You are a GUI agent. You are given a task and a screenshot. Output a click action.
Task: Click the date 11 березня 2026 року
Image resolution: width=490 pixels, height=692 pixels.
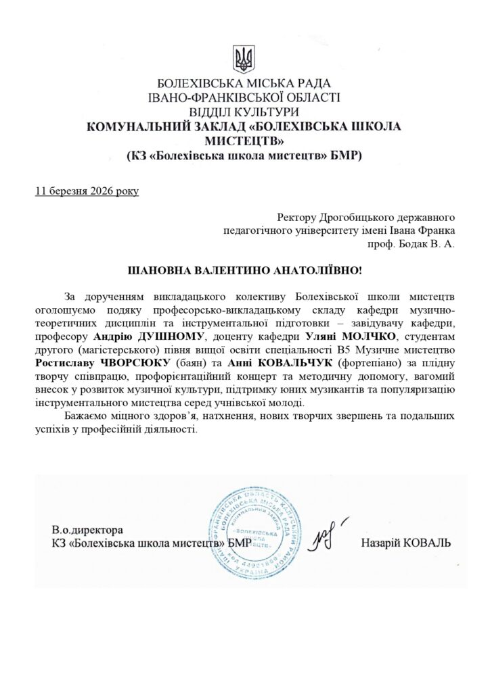[87, 191]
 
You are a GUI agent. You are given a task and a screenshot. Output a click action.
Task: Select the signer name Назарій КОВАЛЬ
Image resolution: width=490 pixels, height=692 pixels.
[405, 543]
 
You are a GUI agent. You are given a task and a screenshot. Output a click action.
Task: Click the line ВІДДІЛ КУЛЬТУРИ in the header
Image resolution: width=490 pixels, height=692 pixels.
[244, 112]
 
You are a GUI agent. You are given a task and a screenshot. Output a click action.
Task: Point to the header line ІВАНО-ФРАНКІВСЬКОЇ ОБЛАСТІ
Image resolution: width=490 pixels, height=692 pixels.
[244, 98]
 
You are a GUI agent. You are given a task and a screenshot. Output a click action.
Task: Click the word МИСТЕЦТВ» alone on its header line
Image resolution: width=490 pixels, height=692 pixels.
[244, 141]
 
